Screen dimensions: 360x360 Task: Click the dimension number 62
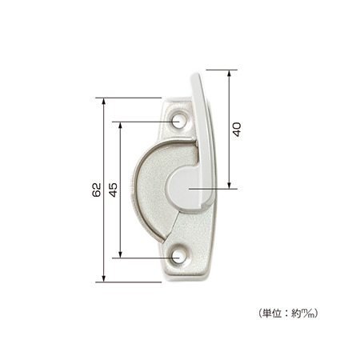click(x=97, y=190)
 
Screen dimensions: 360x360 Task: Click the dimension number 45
click(x=114, y=190)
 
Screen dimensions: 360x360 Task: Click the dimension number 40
click(x=237, y=130)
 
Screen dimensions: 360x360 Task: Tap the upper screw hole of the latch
click(x=178, y=122)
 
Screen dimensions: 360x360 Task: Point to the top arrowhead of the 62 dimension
click(x=104, y=102)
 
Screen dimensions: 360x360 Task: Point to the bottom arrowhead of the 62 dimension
click(x=104, y=278)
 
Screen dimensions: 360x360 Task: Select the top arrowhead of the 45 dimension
click(x=120, y=126)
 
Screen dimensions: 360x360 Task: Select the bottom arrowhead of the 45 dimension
click(x=120, y=254)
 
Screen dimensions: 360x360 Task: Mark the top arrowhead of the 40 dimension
click(x=229, y=74)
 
